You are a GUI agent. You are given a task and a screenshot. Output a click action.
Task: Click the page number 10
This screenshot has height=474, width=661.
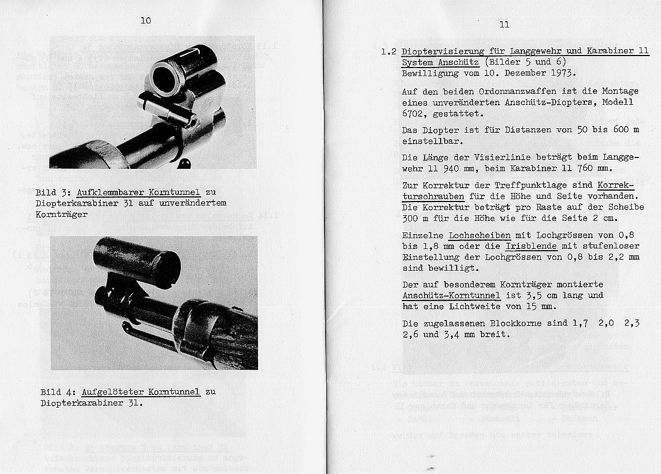145,20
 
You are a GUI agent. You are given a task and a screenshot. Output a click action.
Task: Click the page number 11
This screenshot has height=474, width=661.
504,25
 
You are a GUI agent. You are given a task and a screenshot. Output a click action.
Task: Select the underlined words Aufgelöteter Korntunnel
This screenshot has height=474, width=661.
141,392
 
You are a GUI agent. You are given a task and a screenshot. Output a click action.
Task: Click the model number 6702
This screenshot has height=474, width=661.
414,113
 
